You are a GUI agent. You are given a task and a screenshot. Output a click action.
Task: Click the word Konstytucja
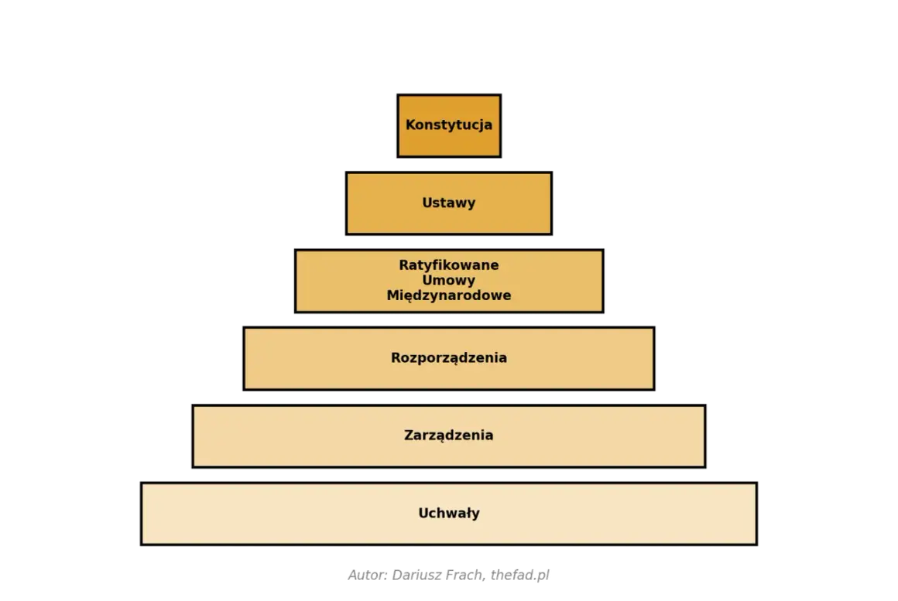coord(449,125)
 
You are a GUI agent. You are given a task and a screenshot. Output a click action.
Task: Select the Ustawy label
coord(449,203)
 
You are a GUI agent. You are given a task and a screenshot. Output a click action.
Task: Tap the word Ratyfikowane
coord(449,265)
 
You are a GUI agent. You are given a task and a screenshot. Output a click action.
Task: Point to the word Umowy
coord(449,281)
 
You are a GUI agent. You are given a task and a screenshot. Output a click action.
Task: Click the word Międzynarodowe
coord(449,296)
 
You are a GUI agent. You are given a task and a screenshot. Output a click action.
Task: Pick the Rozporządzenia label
coord(449,358)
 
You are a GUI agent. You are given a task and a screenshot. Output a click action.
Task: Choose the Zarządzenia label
coord(449,435)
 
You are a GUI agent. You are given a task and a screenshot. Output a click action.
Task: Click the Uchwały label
coord(449,514)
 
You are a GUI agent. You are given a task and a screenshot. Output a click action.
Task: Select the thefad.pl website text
coord(520,575)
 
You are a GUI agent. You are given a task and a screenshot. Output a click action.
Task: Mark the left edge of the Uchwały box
coord(142,514)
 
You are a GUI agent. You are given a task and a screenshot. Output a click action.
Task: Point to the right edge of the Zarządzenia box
coord(705,436)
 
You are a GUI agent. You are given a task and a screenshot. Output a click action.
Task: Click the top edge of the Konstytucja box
coord(449,95)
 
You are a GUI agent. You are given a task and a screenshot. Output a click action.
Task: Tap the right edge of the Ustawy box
coord(551,203)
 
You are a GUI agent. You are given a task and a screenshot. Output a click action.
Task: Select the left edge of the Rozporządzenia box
coord(244,359)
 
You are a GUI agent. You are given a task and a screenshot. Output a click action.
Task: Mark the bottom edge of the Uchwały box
coord(449,545)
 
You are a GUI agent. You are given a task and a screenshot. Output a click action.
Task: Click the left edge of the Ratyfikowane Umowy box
coord(296,281)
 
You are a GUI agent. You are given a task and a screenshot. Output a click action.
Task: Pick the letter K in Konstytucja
coord(410,125)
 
